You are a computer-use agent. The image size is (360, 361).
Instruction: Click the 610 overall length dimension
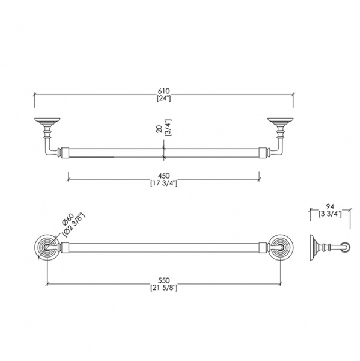(164, 91)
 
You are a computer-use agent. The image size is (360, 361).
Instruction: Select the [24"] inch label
(164, 98)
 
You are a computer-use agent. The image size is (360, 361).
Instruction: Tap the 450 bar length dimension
(164, 176)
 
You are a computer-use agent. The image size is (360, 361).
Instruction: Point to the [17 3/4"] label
(164, 184)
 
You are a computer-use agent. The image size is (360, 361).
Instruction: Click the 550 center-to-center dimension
(164, 280)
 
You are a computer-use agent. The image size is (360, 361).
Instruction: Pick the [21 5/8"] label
(164, 288)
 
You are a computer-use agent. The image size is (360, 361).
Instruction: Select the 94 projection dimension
(330, 206)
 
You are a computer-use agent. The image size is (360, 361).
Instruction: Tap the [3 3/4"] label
(330, 214)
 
